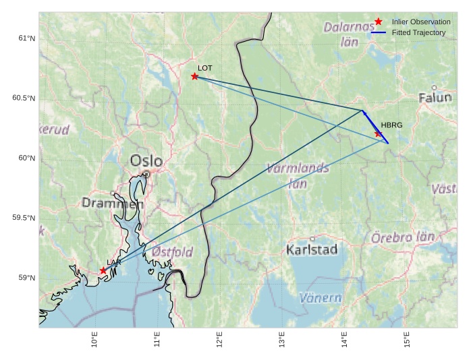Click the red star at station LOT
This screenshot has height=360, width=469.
coord(194,76)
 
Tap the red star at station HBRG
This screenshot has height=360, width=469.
coord(379,133)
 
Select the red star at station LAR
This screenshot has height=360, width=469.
coord(103,270)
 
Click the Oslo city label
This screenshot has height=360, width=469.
coord(146,161)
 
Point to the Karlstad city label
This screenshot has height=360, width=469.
coord(312,250)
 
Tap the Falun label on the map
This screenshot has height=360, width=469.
coord(435,98)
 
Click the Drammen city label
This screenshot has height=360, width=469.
coord(113,203)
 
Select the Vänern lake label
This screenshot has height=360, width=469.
coord(321,297)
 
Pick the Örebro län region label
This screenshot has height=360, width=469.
coord(403,237)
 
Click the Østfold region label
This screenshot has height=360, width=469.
coord(172,252)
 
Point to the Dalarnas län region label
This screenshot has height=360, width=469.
coord(349,34)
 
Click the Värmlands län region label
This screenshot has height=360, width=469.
coord(298,175)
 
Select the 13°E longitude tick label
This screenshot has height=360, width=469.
coord(282,342)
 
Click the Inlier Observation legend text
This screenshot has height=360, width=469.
coord(421,22)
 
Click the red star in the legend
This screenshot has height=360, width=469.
coord(379,22)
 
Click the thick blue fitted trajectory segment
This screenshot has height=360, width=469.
coord(375,127)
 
